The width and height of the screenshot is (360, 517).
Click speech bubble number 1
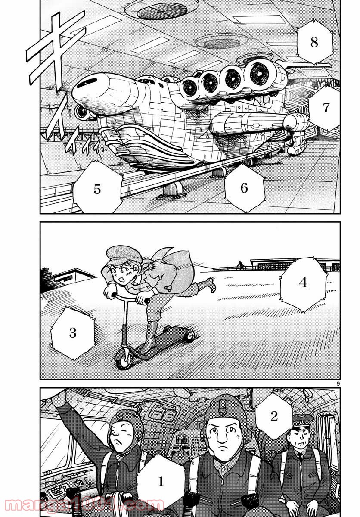point(161,481)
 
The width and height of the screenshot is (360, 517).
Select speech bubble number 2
point(274,416)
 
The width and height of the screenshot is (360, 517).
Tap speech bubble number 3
point(72,333)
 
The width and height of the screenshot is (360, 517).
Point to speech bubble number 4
point(303,283)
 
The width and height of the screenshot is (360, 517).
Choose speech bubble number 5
point(97,189)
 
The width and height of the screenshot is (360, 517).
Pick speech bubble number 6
point(244,188)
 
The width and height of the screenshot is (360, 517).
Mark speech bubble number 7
point(326,108)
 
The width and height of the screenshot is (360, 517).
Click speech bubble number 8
point(313,42)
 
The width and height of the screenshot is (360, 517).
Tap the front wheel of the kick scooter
point(124,360)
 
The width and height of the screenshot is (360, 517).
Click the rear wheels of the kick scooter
point(188,335)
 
